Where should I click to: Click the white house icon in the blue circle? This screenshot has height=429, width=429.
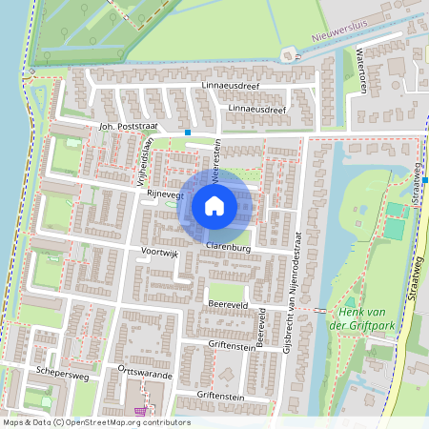click(x=214, y=205)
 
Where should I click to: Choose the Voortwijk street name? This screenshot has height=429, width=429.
click(x=159, y=253)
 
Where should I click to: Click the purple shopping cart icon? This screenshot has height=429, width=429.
click(x=143, y=411)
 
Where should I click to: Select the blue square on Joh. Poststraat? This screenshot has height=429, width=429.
click(x=188, y=132)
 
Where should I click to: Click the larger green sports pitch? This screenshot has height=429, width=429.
click(x=394, y=228)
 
